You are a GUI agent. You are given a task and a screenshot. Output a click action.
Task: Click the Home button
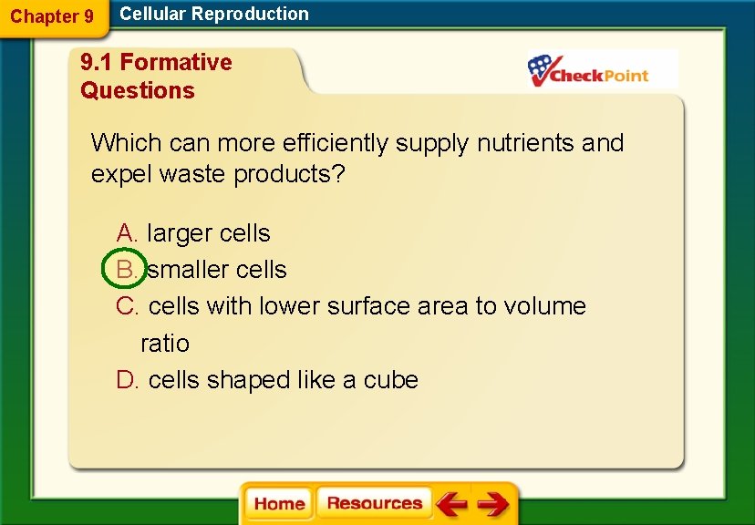pyautogui.click(x=279, y=504)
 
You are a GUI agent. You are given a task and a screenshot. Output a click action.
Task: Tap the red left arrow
pyautogui.click(x=451, y=504)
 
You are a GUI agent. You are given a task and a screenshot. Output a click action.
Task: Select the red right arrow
pyautogui.click(x=493, y=504)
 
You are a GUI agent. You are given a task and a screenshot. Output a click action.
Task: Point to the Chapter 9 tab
pyautogui.click(x=52, y=16)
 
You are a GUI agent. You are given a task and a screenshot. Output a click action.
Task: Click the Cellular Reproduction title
pyautogui.click(x=214, y=14)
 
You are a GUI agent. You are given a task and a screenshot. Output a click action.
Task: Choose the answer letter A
pyautogui.click(x=126, y=233)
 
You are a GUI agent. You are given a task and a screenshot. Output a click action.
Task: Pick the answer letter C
pyautogui.click(x=126, y=306)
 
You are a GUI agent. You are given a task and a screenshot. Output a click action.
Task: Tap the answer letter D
pyautogui.click(x=126, y=380)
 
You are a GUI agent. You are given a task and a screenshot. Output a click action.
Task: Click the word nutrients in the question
pyautogui.click(x=526, y=143)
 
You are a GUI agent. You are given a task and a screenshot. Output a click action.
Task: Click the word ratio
pyautogui.click(x=165, y=344)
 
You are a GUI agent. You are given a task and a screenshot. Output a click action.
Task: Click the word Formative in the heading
pyautogui.click(x=176, y=62)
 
